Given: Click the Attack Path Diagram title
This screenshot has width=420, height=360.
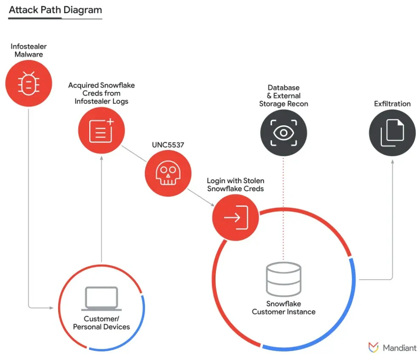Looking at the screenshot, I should pyautogui.click(x=55, y=10).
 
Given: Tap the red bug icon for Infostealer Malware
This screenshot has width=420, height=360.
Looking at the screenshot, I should pyautogui.click(x=29, y=83).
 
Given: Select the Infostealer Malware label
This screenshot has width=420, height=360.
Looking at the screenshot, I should pyautogui.click(x=29, y=50).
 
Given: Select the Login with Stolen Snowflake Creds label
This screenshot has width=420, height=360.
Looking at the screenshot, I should pyautogui.click(x=236, y=184).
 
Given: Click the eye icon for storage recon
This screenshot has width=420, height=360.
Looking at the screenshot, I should pyautogui.click(x=284, y=133).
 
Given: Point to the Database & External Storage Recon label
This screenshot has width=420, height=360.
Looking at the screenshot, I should pyautogui.click(x=284, y=96).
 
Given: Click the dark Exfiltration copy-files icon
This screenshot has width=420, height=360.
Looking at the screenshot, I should pyautogui.click(x=392, y=133).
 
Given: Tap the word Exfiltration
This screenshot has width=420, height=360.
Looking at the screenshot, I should pyautogui.click(x=392, y=104).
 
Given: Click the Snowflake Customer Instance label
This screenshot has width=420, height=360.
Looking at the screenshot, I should pyautogui.click(x=284, y=308).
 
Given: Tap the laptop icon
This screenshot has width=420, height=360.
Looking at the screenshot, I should pyautogui.click(x=102, y=299).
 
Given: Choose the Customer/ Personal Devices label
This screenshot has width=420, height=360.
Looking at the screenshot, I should pyautogui.click(x=102, y=323).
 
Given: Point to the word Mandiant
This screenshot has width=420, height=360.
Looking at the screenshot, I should pyautogui.click(x=400, y=348).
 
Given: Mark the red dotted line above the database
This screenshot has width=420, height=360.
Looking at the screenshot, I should pyautogui.click(x=284, y=208).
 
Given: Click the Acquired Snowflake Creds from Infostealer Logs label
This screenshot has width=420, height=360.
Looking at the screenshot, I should pyautogui.click(x=101, y=93).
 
